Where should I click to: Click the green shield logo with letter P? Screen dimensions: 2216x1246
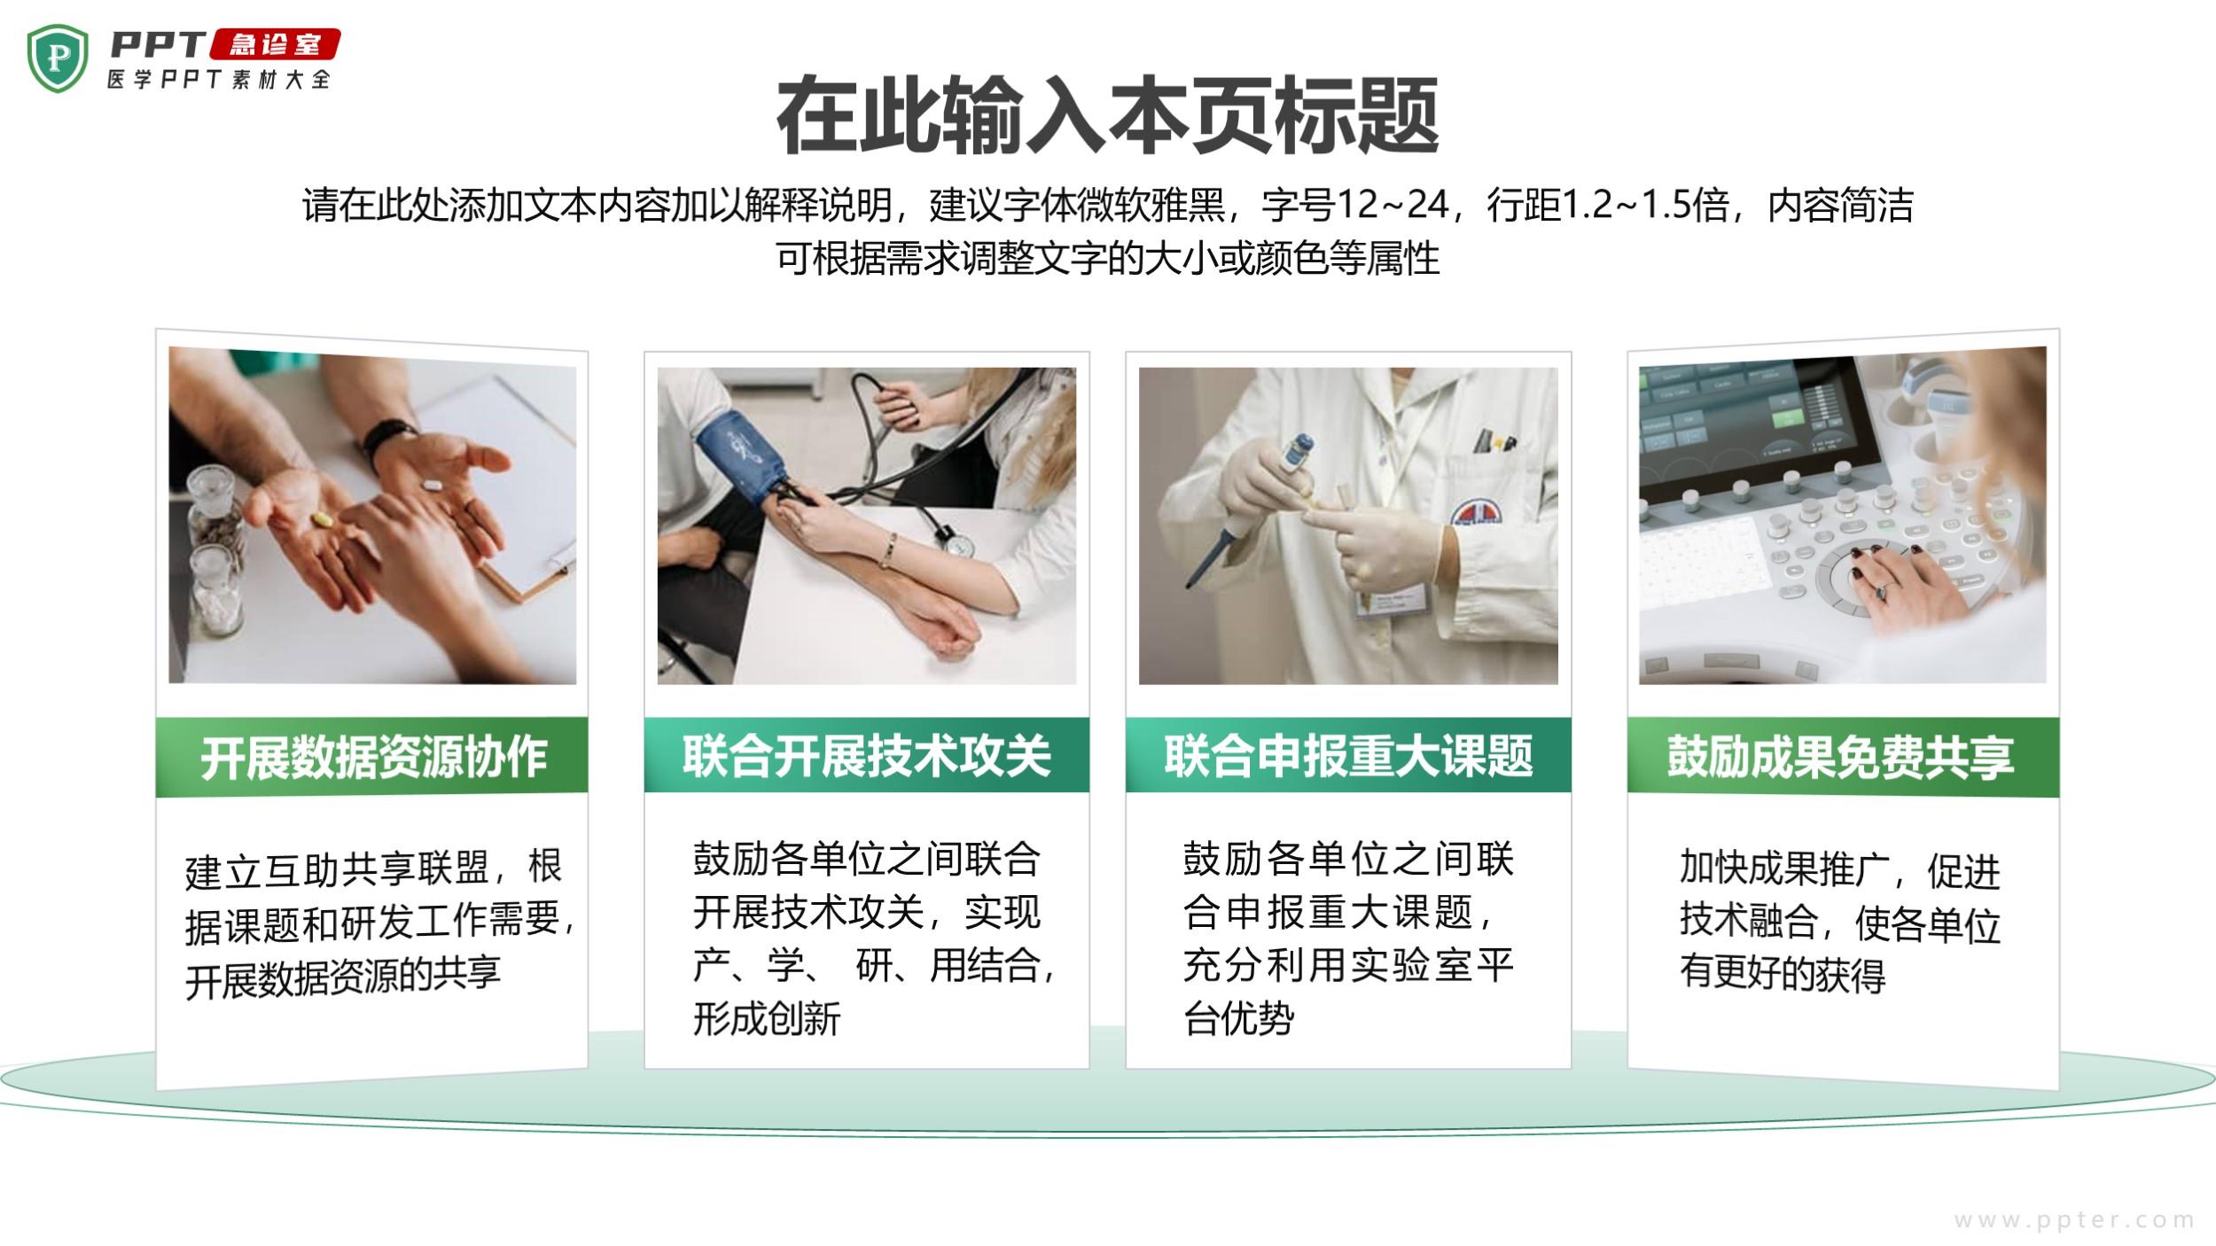58,58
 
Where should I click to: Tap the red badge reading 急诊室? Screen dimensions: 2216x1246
275,44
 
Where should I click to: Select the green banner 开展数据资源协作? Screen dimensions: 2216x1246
372,757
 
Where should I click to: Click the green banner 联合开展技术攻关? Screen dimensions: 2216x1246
867,755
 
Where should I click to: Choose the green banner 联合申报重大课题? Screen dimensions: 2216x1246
1348,755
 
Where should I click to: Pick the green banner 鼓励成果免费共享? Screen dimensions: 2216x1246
1843,757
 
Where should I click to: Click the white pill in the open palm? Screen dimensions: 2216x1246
433,485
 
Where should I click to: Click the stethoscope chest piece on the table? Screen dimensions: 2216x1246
956,541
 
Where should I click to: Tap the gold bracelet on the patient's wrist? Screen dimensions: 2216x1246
886,550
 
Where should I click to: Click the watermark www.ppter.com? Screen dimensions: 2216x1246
2074,1220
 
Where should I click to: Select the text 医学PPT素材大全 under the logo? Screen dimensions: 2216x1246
219,79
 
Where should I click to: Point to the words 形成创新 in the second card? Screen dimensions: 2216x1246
767,1018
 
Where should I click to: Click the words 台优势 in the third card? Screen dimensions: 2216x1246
1238,1018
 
